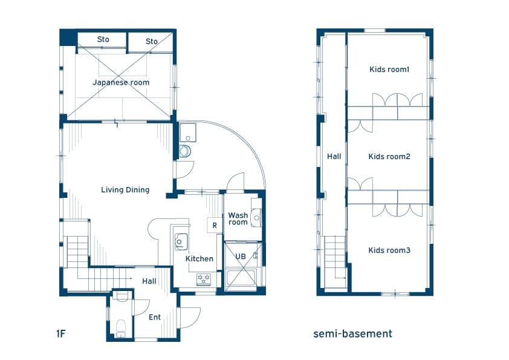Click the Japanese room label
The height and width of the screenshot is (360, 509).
pos(121,82)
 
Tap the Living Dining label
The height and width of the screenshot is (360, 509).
pos(125,190)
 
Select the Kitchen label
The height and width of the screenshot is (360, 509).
pos(199,258)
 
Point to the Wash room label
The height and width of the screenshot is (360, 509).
pos(238,218)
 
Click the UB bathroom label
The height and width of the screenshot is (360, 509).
pos(241,257)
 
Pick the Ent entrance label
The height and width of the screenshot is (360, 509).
pos(155,317)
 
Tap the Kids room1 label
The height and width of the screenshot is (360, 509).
pos(389,69)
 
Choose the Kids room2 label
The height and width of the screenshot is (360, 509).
pos(389,157)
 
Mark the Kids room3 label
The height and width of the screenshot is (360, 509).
pos(389,250)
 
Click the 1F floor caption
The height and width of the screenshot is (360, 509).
pos(61,333)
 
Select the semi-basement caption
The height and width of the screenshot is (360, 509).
pos(353,334)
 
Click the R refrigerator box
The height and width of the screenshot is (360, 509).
pos(215,225)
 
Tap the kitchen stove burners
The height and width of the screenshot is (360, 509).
pos(204,279)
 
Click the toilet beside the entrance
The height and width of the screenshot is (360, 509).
pos(121,327)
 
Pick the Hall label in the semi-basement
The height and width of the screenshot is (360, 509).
pos(334,157)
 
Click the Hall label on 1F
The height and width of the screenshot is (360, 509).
pos(149,281)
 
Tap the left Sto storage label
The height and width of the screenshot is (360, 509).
pos(103,39)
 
